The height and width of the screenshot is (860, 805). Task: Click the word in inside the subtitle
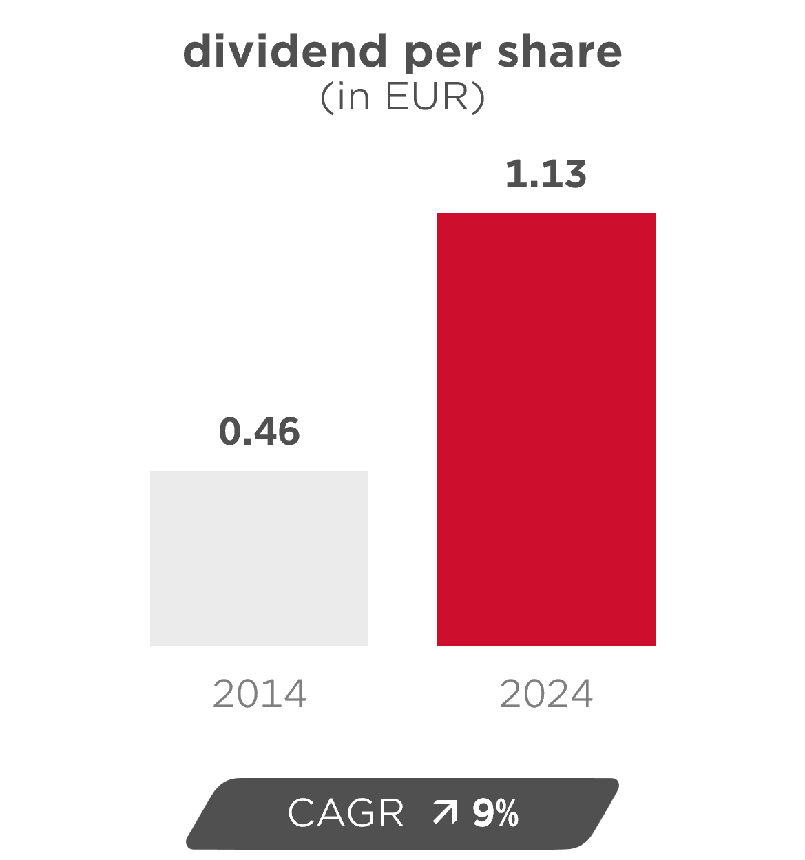354,97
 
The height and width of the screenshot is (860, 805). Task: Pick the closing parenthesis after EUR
479,98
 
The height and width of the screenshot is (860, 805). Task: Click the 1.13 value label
545,174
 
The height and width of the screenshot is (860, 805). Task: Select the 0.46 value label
259,432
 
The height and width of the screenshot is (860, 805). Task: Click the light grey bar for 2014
259,558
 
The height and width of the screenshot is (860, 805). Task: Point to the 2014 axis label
259,693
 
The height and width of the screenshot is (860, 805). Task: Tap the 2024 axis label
545,693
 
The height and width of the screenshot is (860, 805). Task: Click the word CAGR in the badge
346,813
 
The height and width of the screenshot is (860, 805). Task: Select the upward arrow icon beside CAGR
444,813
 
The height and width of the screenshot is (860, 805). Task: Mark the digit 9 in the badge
481,813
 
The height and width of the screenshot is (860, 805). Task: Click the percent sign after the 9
506,813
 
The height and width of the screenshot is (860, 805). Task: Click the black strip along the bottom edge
402,855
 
